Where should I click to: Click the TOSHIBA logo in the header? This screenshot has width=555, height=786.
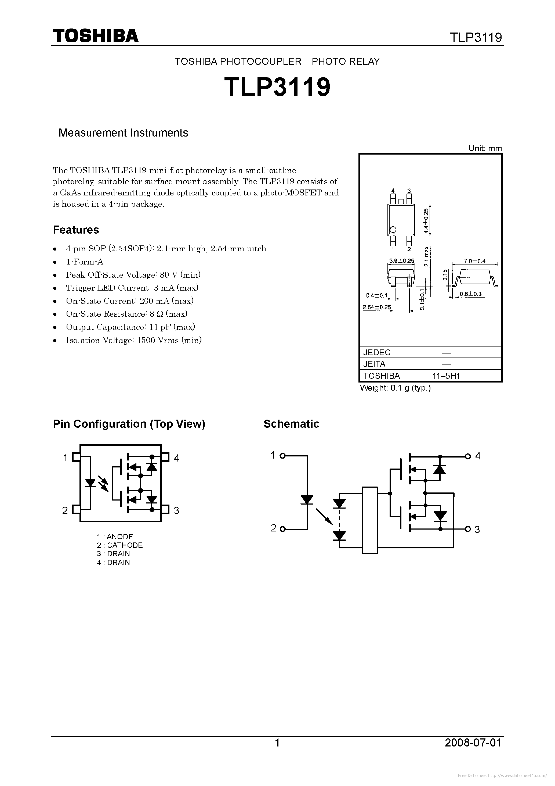coord(95,35)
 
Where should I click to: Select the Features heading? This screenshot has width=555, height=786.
coord(76,230)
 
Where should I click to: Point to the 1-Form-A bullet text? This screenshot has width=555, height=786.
coord(85,262)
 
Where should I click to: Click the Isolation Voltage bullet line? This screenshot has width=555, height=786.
coord(134,340)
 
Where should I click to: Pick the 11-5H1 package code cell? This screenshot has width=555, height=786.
coord(446,376)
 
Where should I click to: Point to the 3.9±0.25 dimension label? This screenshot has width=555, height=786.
coord(401,260)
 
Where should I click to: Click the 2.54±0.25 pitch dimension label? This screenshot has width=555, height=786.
coord(376,307)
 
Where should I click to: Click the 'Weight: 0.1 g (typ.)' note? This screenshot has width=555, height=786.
coord(395,388)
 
